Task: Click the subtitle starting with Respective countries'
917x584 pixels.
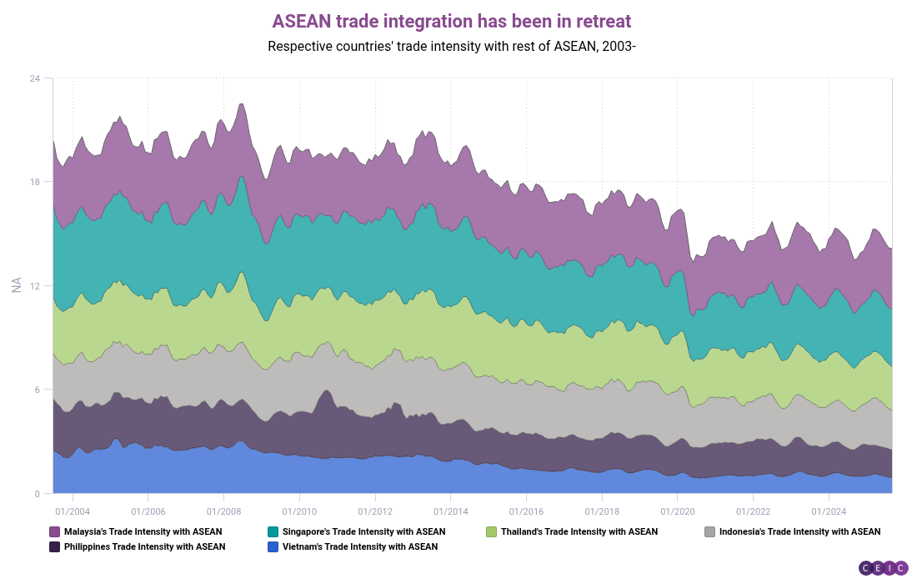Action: point(452,46)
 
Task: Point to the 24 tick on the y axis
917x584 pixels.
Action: point(35,78)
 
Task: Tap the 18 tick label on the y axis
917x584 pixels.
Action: point(35,182)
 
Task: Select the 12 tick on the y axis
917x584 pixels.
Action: point(35,286)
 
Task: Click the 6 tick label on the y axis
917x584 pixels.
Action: point(38,390)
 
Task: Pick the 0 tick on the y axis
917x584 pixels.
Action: point(38,494)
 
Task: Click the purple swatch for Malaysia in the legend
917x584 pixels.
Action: point(55,531)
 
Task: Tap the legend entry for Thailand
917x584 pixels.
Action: point(579,531)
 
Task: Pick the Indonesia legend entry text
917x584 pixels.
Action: point(799,531)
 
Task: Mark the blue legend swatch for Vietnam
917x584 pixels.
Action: point(273,547)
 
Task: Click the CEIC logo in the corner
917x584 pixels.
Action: point(882,568)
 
